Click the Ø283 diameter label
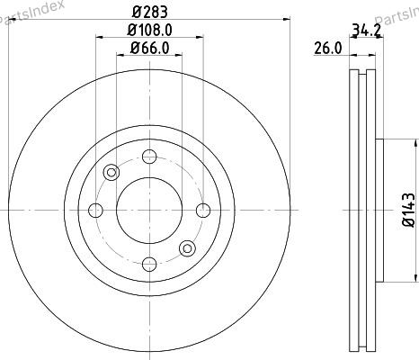click(149, 13)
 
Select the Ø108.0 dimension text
click(149, 31)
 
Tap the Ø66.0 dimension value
click(150, 48)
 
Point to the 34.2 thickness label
click(366, 30)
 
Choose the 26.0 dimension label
click(328, 49)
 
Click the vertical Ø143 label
click(408, 210)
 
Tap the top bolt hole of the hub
click(149, 157)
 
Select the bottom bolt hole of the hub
click(149, 264)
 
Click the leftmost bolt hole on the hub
click(95, 211)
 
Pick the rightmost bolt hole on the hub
click(203, 211)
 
